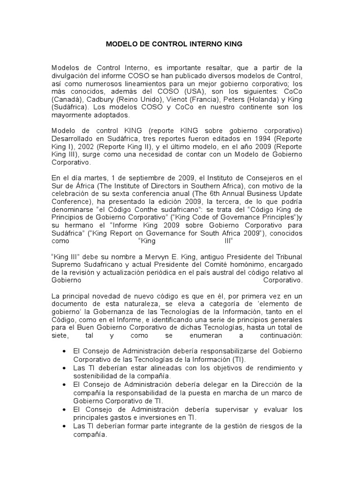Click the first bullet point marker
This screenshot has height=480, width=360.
pyautogui.click(x=64, y=351)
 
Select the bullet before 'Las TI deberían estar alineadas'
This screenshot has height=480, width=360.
pyautogui.click(x=64, y=367)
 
